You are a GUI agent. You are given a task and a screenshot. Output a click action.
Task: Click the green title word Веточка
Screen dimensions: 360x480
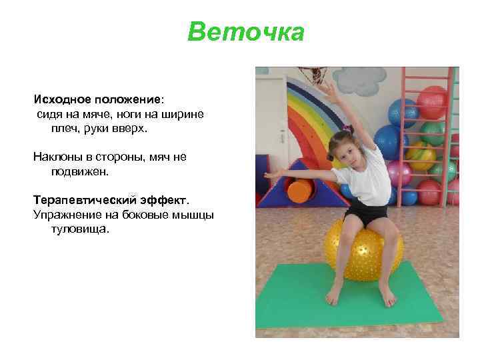[246, 32]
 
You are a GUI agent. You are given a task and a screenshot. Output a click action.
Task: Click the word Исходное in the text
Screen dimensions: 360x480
[61, 99]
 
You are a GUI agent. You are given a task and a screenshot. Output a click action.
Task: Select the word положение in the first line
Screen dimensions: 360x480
[126, 99]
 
